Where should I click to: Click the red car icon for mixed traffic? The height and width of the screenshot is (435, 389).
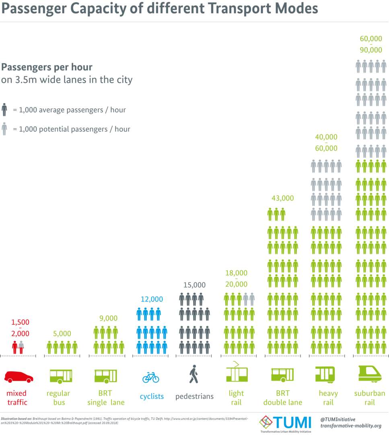(x=19, y=376)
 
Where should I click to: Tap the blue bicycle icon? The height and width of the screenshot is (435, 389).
(x=150, y=377)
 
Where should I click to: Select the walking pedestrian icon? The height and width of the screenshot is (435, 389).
(x=193, y=374)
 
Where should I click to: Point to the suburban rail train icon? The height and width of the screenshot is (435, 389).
(x=370, y=374)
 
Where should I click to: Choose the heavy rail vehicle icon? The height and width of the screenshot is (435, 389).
(x=324, y=375)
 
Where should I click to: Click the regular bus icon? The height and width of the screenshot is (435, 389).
(x=61, y=376)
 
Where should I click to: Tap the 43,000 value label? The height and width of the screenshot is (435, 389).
(x=282, y=198)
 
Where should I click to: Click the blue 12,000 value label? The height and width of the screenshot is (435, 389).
(x=152, y=299)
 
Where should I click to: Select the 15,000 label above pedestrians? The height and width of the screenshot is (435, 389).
(x=194, y=285)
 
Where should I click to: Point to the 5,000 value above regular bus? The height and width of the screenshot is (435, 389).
(x=62, y=333)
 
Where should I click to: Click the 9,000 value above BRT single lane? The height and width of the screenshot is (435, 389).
(x=108, y=318)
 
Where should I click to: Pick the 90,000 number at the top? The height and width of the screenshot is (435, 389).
(x=371, y=50)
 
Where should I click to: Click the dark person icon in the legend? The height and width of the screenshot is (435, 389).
(x=4, y=109)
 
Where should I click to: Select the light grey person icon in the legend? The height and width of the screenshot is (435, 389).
(x=4, y=129)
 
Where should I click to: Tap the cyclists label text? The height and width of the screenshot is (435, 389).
(x=152, y=396)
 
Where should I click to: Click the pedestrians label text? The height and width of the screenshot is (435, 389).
(x=194, y=396)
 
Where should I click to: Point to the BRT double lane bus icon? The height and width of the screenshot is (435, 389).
(x=282, y=375)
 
